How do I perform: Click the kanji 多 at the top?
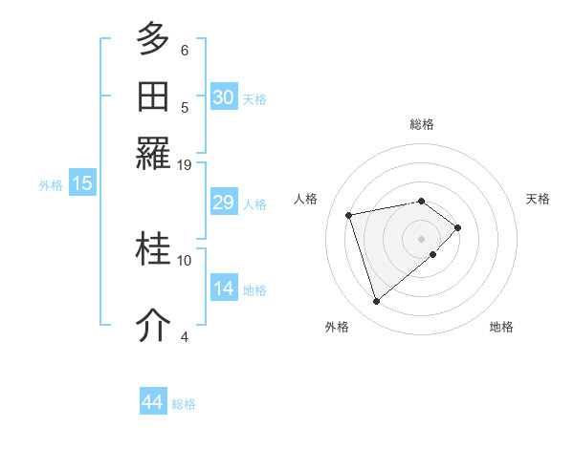click(x=153, y=40)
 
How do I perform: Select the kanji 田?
click(x=153, y=96)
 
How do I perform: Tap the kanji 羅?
click(x=153, y=152)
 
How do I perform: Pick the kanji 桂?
click(x=153, y=250)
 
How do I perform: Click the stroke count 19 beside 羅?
click(x=185, y=164)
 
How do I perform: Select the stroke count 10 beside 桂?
click(x=185, y=260)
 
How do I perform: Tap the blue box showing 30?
click(x=223, y=97)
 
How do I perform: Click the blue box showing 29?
click(x=223, y=203)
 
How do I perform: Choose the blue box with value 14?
click(x=223, y=289)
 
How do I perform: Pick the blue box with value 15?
click(x=81, y=184)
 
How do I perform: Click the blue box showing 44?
click(x=152, y=402)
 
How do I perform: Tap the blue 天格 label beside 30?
click(x=254, y=99)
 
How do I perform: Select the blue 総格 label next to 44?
click(x=184, y=404)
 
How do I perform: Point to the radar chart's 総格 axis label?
click(x=422, y=124)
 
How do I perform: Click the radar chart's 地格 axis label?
click(x=501, y=327)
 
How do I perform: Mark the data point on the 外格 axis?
click(x=376, y=302)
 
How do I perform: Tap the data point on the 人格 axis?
click(x=349, y=214)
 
